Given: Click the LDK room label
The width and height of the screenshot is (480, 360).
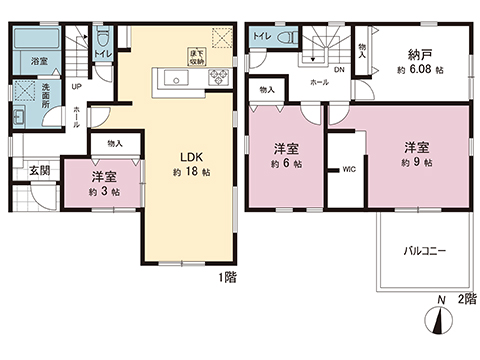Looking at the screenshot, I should [192, 157].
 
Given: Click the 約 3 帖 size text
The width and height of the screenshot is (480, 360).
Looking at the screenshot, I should [104, 191].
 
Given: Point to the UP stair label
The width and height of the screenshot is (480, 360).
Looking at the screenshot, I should [78, 86].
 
